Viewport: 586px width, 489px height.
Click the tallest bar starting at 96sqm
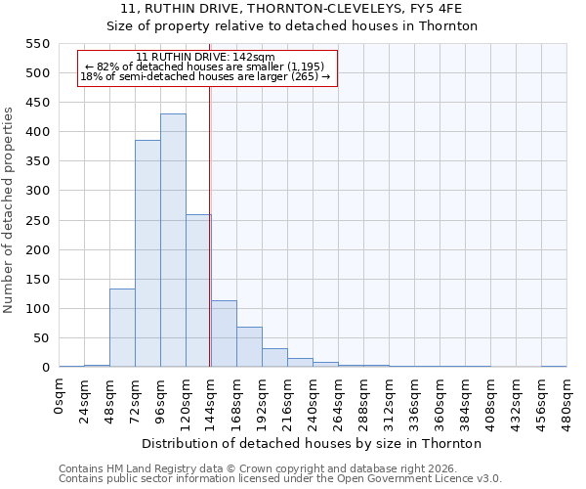click(x=173, y=241)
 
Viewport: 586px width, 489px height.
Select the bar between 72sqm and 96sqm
click(x=147, y=254)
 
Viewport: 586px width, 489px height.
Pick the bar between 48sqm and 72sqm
click(x=122, y=328)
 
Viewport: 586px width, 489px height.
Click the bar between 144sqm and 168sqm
click(x=224, y=333)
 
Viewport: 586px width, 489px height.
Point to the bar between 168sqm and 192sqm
click(x=249, y=347)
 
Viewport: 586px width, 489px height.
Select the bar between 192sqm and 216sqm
click(x=274, y=358)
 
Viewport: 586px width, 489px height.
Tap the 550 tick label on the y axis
click(x=36, y=44)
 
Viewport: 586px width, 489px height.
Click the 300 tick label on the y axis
click(x=36, y=191)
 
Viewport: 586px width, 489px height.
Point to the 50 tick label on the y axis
click(x=40, y=338)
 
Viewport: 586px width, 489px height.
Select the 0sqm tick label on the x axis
click(x=60, y=394)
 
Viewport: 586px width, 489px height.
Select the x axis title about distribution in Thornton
click(x=313, y=443)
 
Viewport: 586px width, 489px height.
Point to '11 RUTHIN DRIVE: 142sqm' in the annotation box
click(x=206, y=57)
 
